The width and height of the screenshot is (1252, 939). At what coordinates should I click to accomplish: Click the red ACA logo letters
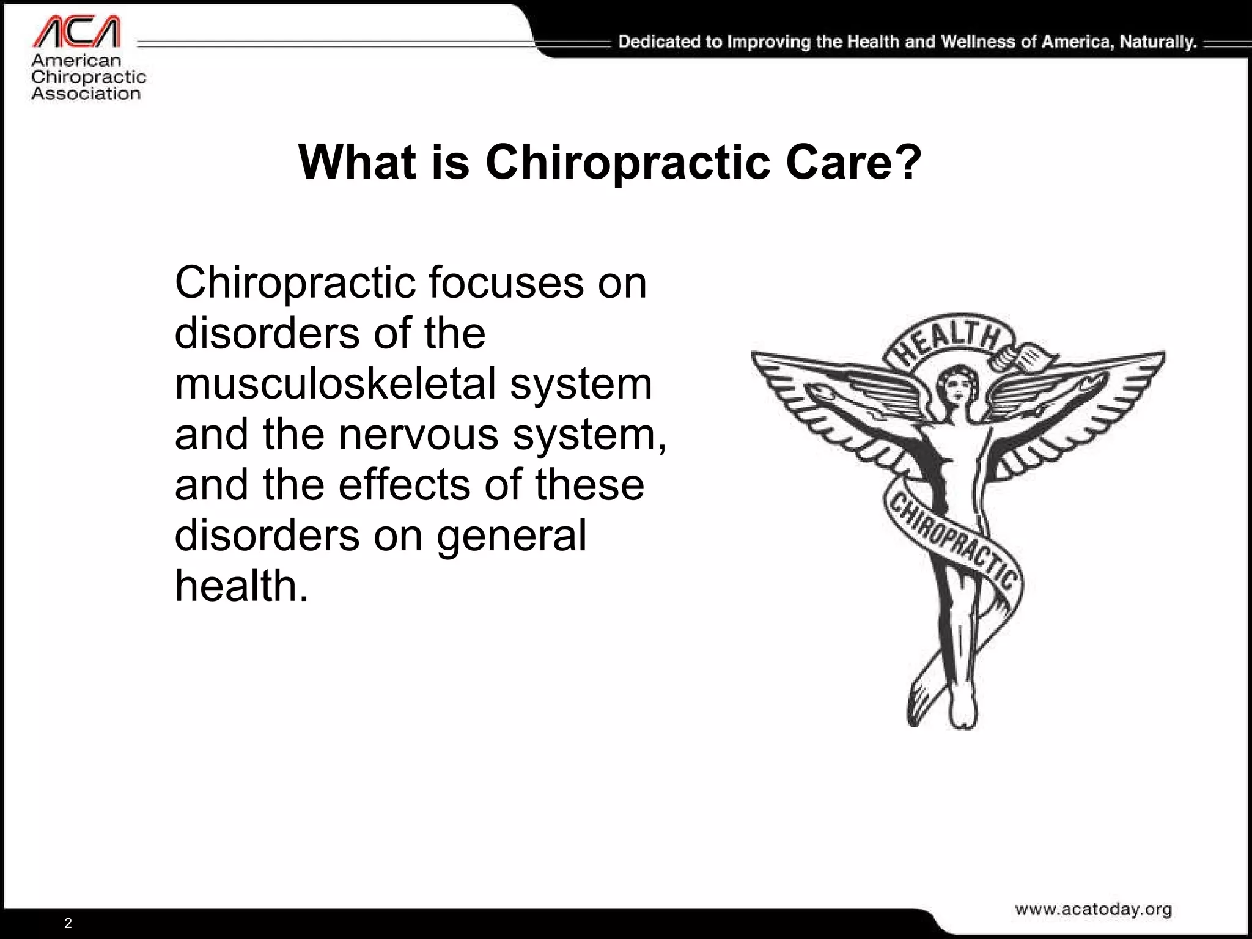pos(76,32)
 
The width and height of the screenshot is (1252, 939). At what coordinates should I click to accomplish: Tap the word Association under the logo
pos(86,94)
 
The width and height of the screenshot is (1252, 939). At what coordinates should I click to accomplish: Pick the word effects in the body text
pos(405,485)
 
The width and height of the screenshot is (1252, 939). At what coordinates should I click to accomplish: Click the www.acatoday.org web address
pos(1093,909)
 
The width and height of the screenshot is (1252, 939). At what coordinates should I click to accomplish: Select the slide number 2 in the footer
pos(68,923)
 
